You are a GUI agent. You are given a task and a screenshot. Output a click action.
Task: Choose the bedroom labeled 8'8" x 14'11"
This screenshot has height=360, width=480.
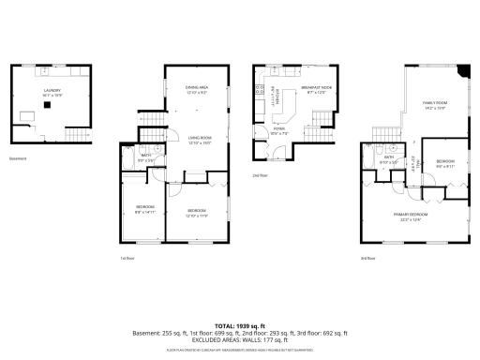coord(144,208)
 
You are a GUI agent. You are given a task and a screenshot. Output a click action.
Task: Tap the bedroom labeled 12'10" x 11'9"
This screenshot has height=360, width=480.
coord(196,212)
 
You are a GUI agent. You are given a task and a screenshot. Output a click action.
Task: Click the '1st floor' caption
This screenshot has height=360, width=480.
coord(128,258)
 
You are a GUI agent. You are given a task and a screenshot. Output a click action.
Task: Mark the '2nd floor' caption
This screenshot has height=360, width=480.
coord(260,175)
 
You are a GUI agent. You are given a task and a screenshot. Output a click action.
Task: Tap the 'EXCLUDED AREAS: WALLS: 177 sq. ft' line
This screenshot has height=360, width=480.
coord(240,338)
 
